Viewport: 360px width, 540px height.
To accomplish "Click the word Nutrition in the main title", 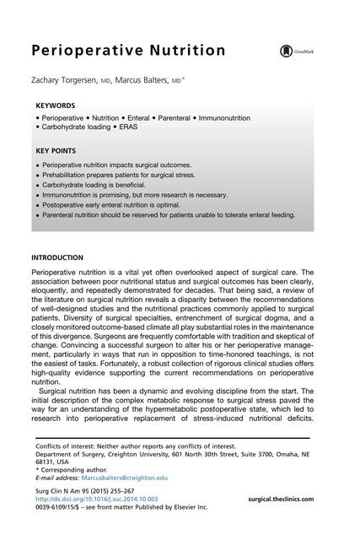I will [183, 51].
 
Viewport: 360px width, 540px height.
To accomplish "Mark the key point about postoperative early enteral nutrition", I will [126, 204].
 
